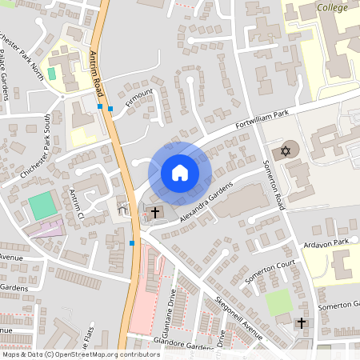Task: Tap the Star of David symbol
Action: [286, 150]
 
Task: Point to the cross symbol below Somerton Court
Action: [301, 322]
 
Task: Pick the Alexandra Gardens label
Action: [205, 204]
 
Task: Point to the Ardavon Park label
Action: [328, 243]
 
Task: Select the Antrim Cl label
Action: [77, 203]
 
